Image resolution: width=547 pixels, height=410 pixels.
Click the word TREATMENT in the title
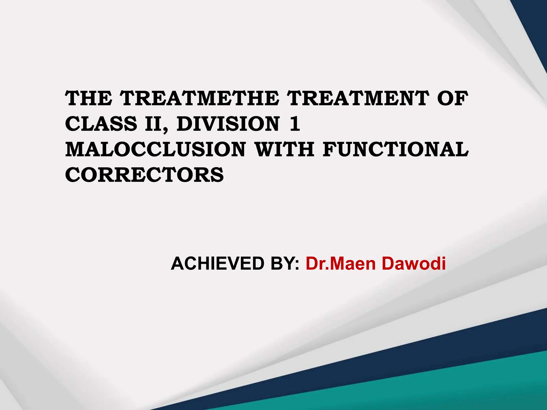click(359, 98)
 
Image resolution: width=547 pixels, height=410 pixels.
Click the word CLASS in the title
click(101, 124)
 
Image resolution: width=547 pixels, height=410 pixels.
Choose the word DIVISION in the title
click(228, 124)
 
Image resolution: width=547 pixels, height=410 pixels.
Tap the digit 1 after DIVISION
click(295, 124)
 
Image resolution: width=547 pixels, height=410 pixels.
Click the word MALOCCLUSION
click(155, 149)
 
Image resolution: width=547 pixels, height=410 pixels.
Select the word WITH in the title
click(284, 149)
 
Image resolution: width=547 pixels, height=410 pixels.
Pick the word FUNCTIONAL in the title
click(396, 149)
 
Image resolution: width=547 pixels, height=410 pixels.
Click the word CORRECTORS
click(144, 175)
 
